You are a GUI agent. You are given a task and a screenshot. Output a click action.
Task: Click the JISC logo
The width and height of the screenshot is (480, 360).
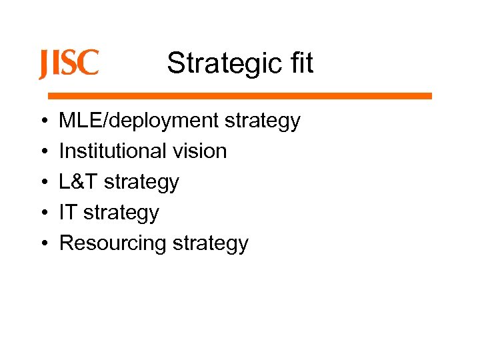click(69, 63)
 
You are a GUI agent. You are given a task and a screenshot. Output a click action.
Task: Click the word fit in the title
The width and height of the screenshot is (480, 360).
click(297, 63)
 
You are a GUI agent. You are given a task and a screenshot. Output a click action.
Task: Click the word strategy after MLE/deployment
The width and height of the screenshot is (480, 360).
click(262, 122)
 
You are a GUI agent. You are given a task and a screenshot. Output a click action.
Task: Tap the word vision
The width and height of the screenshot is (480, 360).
click(201, 151)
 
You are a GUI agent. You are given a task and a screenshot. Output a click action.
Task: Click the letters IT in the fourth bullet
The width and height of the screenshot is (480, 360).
click(67, 213)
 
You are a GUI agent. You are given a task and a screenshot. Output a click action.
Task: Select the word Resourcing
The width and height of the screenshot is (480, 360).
click(112, 244)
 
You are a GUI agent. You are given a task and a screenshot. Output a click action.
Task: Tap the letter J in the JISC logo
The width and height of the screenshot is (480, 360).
click(43, 65)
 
